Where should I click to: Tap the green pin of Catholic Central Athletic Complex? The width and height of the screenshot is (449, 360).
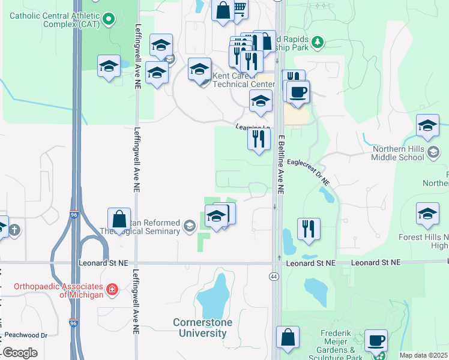109,20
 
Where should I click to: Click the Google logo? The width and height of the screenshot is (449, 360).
20,353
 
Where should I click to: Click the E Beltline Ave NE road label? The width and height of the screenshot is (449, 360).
280,164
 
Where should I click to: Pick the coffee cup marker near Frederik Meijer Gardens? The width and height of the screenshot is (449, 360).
376,340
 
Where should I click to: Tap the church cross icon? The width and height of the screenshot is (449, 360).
15,229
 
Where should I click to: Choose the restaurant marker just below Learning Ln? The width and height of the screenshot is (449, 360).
259,139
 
